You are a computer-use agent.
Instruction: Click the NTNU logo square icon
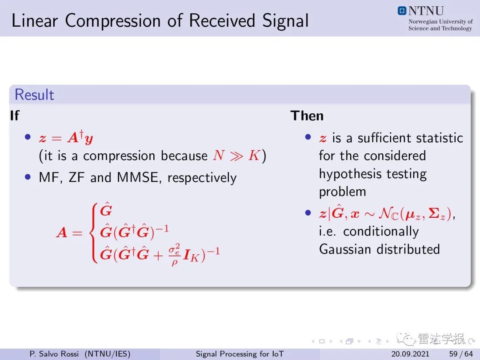pyautogui.click(x=402, y=11)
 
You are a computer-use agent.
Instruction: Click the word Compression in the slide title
pyautogui.click(x=113, y=21)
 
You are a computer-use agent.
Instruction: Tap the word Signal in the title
pyautogui.click(x=285, y=20)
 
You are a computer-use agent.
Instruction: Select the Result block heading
pyautogui.click(x=34, y=95)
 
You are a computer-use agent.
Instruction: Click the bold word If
pyautogui.click(x=14, y=116)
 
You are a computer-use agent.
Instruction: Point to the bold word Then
pyautogui.click(x=307, y=116)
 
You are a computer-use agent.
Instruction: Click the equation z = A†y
pyautogui.click(x=66, y=137)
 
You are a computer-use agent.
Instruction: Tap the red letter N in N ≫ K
pyautogui.click(x=219, y=156)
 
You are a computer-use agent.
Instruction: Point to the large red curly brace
pyautogui.click(x=95, y=232)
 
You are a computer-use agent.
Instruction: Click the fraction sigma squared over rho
pyautogui.click(x=174, y=255)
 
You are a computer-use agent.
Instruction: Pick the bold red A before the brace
pyautogui.click(x=62, y=232)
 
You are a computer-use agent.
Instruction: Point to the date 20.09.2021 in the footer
pyautogui.click(x=410, y=354)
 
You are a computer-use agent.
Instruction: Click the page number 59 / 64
pyautogui.click(x=461, y=354)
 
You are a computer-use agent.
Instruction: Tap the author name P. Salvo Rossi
pyautogui.click(x=54, y=354)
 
